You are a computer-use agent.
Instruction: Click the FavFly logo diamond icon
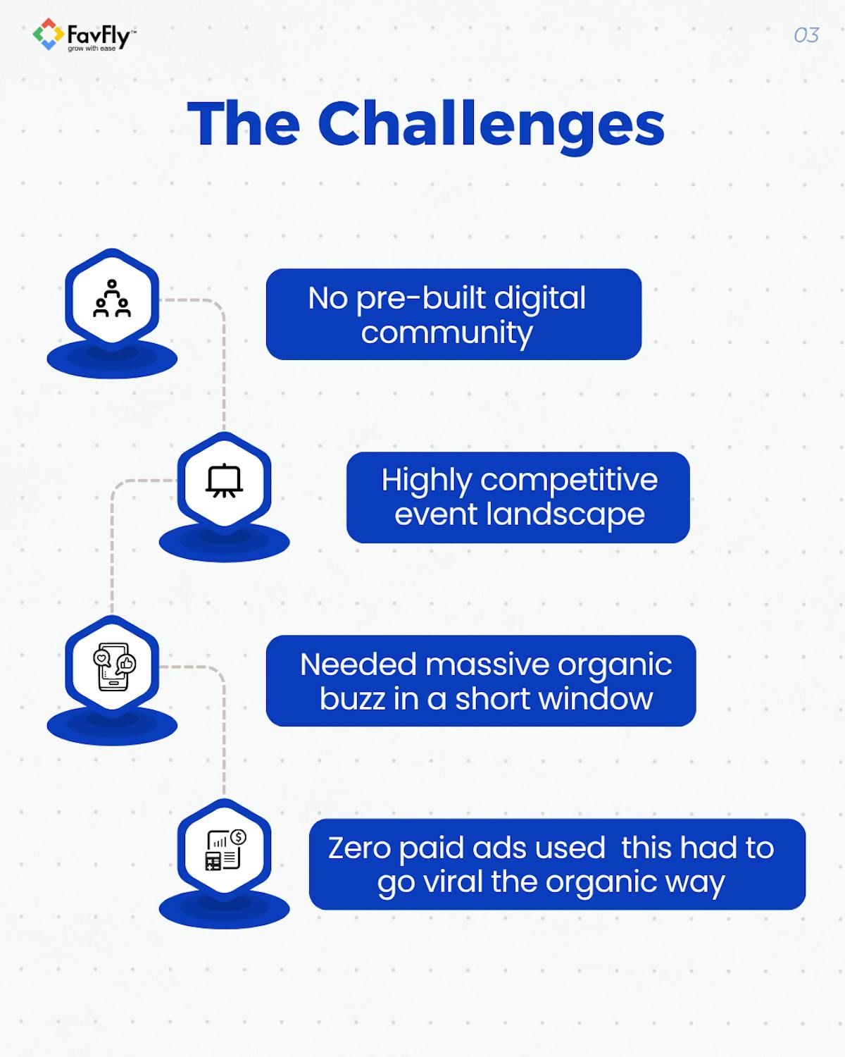pyautogui.click(x=48, y=35)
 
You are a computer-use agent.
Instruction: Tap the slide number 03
pyautogui.click(x=806, y=35)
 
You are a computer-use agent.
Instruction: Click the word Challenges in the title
pyautogui.click(x=491, y=125)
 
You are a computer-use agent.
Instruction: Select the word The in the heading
pyautogui.click(x=244, y=124)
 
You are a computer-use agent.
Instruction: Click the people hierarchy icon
pyautogui.click(x=112, y=299)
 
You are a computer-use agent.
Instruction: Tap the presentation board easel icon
pyautogui.click(x=225, y=481)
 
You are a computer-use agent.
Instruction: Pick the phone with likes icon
pyautogui.click(x=113, y=666)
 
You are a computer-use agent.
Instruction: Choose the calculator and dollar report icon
pyautogui.click(x=225, y=850)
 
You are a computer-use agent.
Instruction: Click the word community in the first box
pyautogui.click(x=446, y=333)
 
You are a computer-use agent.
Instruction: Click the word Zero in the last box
pyautogui.click(x=359, y=848)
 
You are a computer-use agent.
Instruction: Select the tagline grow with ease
pyautogui.click(x=92, y=49)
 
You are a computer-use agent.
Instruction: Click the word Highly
pyautogui.click(x=427, y=481)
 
